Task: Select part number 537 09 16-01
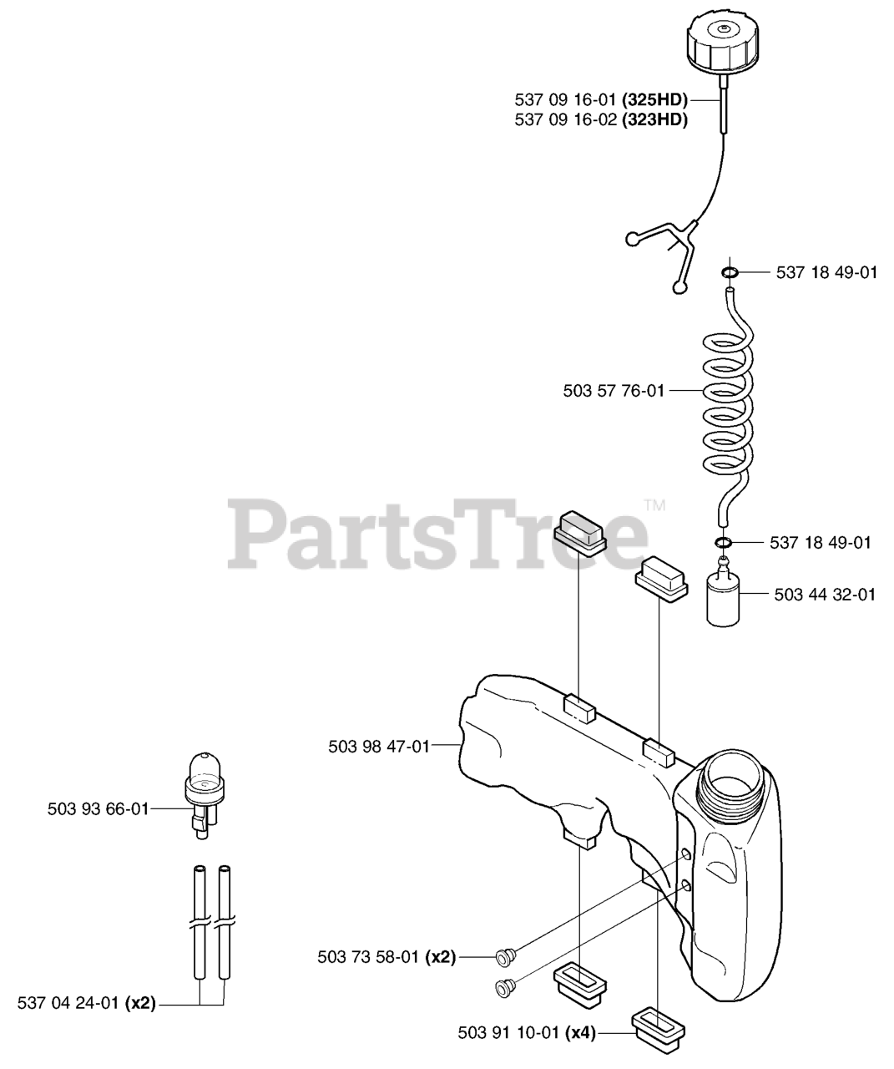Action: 566,101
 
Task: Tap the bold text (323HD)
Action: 654,119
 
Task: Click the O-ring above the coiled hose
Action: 729,272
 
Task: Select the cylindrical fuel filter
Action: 724,598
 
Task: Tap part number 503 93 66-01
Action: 98,808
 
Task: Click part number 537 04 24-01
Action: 69,1003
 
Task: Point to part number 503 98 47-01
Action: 379,747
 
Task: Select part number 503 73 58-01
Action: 368,957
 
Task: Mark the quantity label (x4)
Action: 580,1033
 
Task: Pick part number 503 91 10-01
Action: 508,1033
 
